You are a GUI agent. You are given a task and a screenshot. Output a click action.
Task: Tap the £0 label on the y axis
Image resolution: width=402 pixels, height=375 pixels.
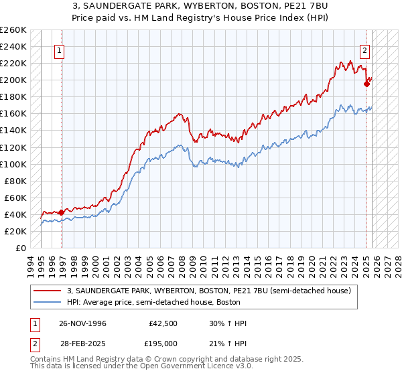[x=20, y=248]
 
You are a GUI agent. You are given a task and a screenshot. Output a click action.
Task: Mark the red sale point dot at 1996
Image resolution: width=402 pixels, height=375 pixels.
[x=62, y=212]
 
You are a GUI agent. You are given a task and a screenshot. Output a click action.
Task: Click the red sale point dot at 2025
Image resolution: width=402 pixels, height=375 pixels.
[x=366, y=84]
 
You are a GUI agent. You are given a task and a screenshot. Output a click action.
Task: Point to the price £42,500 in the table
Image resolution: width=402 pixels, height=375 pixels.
[x=163, y=324]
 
